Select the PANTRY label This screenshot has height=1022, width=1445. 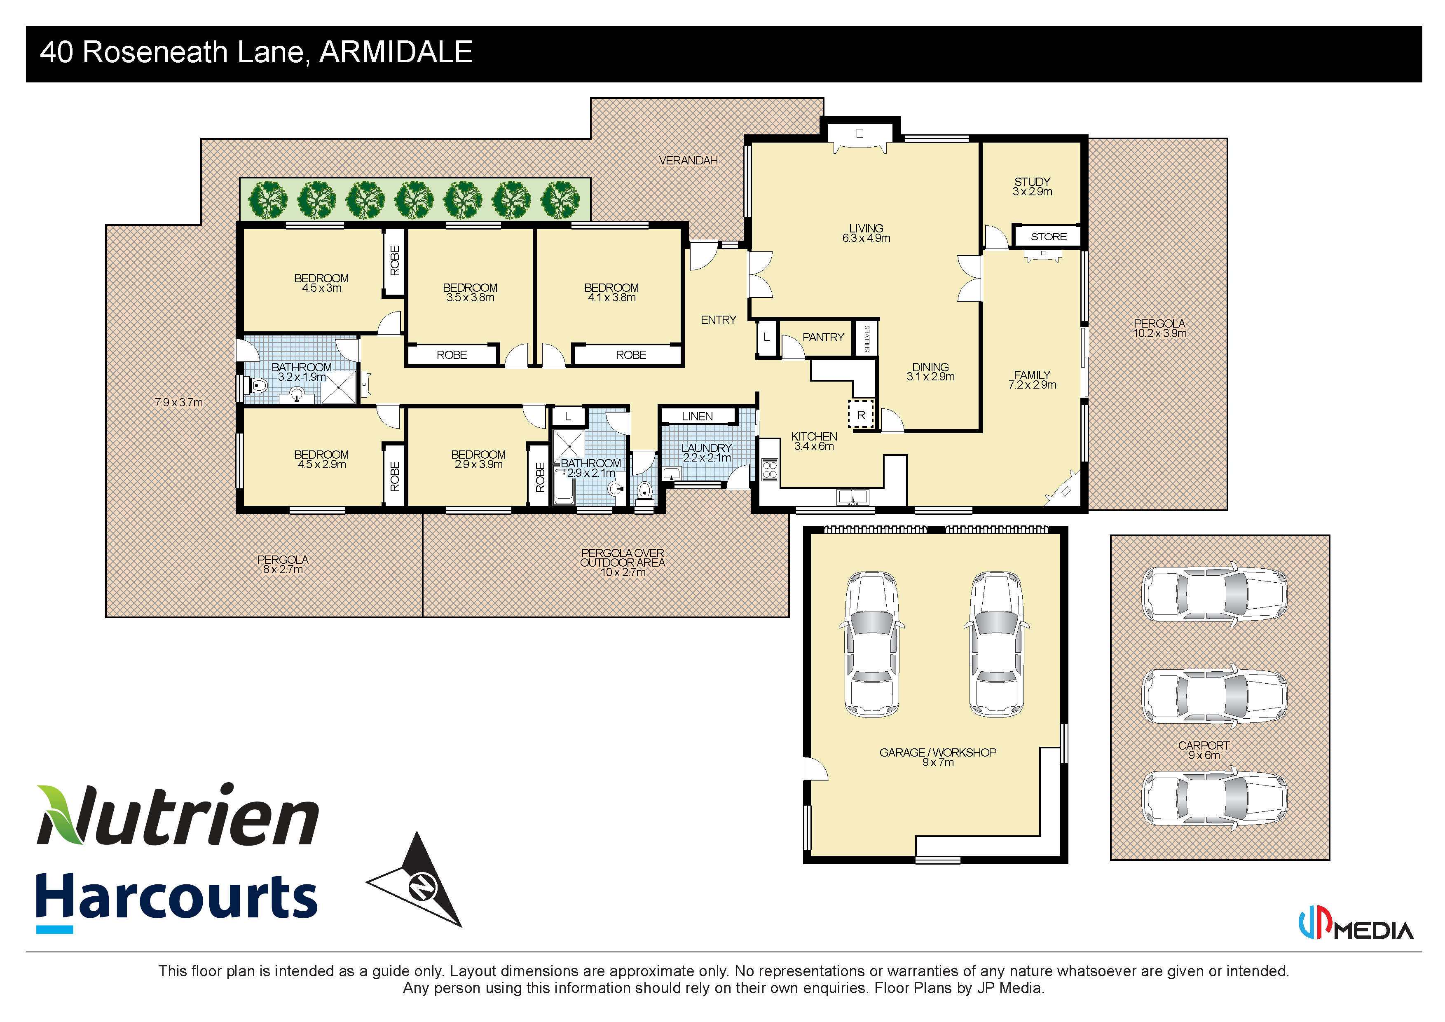822,338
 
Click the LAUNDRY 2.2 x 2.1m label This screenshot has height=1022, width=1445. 706,452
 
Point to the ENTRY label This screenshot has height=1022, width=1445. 718,320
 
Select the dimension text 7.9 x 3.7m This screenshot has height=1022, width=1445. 179,403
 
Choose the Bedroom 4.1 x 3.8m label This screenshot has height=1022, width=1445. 611,293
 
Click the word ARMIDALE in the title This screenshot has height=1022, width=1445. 396,52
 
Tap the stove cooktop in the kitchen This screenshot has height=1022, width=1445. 770,469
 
